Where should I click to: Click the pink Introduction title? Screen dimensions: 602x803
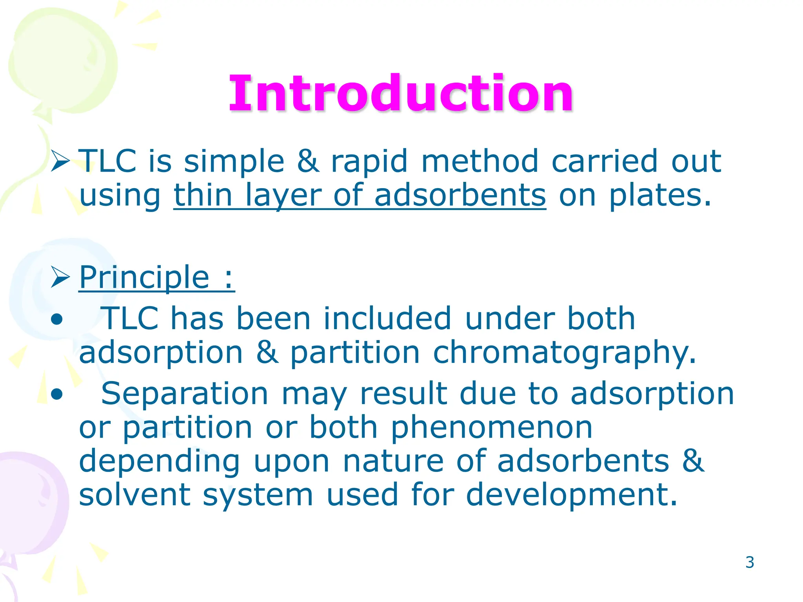(x=401, y=94)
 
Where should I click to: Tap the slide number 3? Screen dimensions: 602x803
(x=750, y=562)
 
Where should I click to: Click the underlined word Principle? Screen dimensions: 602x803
(x=144, y=277)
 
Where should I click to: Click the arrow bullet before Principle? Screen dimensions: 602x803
(x=60, y=277)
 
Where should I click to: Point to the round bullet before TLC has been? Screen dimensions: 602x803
(x=57, y=319)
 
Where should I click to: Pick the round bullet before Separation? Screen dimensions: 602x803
(x=57, y=395)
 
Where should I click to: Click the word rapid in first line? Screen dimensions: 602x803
(x=369, y=161)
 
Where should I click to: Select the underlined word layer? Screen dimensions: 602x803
(x=283, y=196)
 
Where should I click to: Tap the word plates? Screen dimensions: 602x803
(x=659, y=196)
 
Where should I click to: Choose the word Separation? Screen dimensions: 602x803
(x=185, y=394)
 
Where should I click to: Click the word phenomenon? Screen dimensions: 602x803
(x=492, y=428)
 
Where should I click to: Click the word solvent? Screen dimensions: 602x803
(x=134, y=495)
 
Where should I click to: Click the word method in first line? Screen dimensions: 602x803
(x=480, y=161)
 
